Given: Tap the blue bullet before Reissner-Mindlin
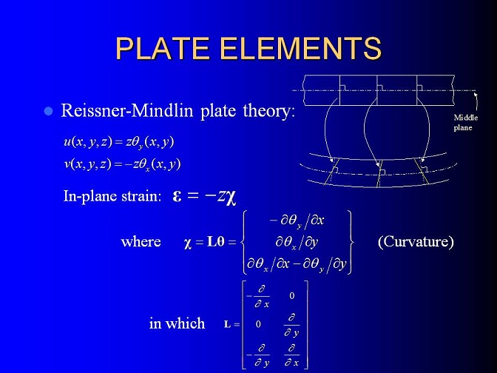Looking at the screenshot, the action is pyautogui.click(x=48, y=111).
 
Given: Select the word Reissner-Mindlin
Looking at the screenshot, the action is pyautogui.click(x=126, y=111).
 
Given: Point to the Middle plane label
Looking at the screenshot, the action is pyautogui.click(x=465, y=122).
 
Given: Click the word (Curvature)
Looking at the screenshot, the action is pyautogui.click(x=416, y=242).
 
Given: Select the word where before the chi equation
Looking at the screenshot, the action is pyautogui.click(x=141, y=242).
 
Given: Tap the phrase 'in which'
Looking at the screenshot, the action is pyautogui.click(x=177, y=323).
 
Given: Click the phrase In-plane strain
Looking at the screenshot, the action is pyautogui.click(x=112, y=196).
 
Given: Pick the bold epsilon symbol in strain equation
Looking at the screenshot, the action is pyautogui.click(x=177, y=196).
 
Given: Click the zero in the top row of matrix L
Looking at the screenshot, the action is pyautogui.click(x=292, y=296).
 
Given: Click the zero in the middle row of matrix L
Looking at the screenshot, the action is pyautogui.click(x=258, y=324).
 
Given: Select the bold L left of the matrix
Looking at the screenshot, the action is pyautogui.click(x=227, y=324).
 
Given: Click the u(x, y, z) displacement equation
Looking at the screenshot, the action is pyautogui.click(x=119, y=142).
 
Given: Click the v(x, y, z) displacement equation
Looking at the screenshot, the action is pyautogui.click(x=122, y=164).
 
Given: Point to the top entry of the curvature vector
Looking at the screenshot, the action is pyautogui.click(x=297, y=221).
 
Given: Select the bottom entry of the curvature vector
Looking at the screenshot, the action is pyautogui.click(x=297, y=264).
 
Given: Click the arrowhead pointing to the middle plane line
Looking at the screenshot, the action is pyautogui.click(x=475, y=93).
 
